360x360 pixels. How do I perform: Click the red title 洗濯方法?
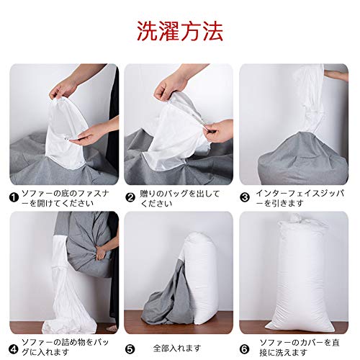180,31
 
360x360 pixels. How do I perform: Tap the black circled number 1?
14,198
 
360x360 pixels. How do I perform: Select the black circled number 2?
130,198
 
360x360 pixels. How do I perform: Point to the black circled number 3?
245,198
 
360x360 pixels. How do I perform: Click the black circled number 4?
14,349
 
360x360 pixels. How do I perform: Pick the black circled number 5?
130,349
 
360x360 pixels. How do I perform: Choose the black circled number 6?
245,349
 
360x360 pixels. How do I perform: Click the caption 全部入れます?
177,348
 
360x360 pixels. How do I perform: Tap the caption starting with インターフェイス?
300,198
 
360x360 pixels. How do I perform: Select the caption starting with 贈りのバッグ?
180,198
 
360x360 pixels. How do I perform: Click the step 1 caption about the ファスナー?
66,198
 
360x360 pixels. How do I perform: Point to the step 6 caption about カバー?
300,347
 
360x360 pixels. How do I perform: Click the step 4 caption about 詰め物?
66,347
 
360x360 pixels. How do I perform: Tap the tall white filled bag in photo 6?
300,274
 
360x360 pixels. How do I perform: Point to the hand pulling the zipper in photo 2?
218,132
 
